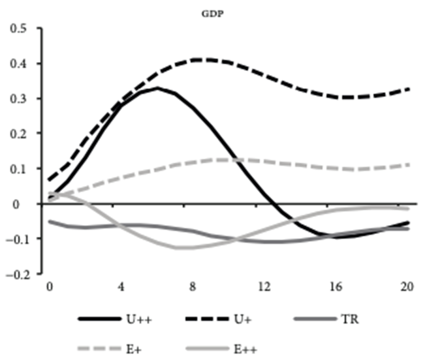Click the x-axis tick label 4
[120, 286]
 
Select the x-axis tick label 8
[193, 286]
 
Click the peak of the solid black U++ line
[157, 88]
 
